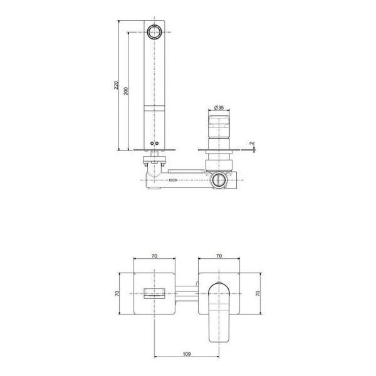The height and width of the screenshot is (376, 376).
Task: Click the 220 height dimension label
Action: coord(116,85)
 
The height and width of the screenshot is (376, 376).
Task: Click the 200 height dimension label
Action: coord(126,91)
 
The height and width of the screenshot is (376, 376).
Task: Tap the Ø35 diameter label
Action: coord(219,107)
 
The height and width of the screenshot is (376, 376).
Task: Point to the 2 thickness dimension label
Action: coord(251,143)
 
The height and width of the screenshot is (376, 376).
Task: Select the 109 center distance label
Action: coord(187,354)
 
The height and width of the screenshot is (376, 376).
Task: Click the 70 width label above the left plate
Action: coord(154,256)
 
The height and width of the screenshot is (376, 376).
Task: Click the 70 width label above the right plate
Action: coord(219,256)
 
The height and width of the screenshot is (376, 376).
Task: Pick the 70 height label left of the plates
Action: coord(117,293)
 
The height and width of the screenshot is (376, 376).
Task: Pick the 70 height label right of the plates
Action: coord(258,293)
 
